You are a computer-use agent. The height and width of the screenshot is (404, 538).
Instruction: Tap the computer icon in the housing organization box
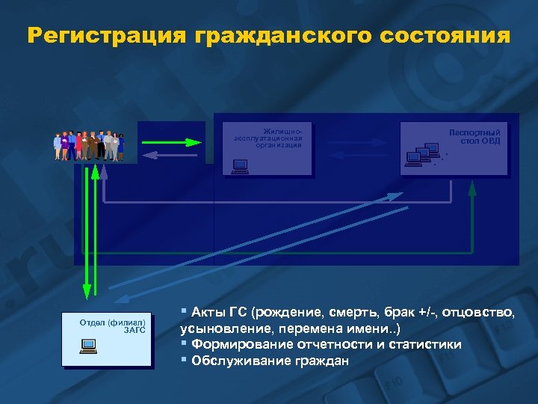pos(239,166)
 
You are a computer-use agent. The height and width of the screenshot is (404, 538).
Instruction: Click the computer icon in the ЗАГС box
pos(88,346)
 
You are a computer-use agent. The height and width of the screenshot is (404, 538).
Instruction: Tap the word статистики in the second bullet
pos(423,344)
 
